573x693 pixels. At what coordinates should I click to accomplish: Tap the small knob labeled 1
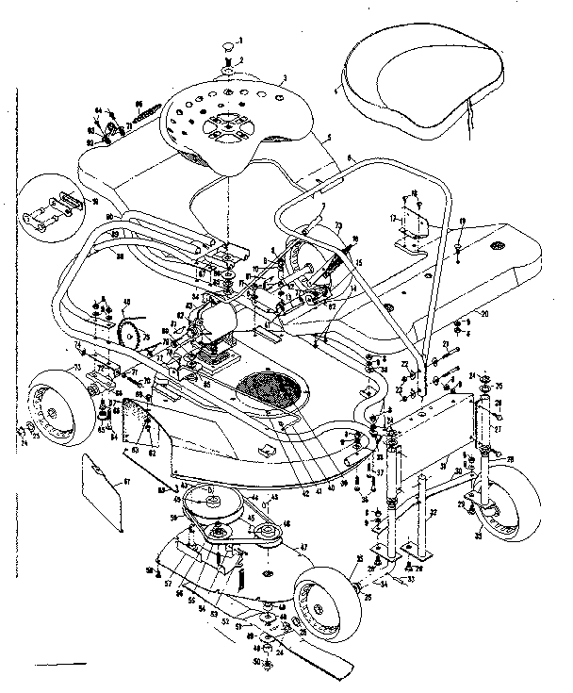(229, 43)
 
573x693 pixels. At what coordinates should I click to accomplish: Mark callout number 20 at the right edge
(483, 313)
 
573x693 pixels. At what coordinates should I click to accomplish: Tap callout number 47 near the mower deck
(304, 546)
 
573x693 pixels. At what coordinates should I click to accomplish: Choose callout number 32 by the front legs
(434, 512)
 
